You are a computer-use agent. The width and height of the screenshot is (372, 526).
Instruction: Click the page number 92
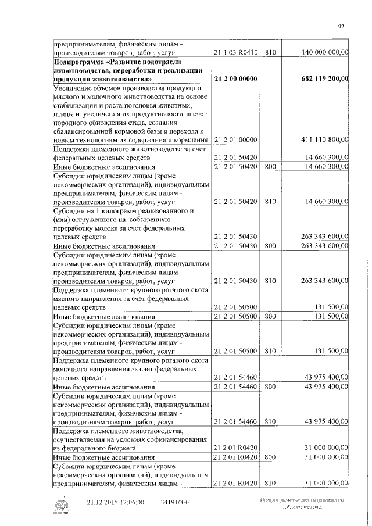341,26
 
